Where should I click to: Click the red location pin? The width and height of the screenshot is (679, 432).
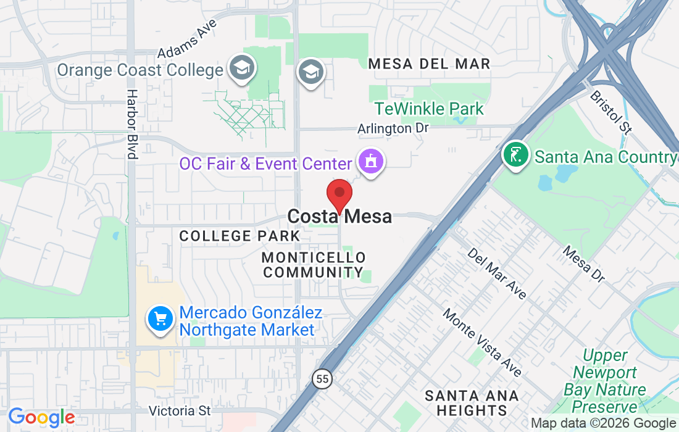[x=339, y=194]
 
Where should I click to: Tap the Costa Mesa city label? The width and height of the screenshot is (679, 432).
[x=339, y=217]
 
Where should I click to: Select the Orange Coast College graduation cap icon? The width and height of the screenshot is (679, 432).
[x=241, y=70]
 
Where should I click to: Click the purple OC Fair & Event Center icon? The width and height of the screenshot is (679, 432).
[x=370, y=163]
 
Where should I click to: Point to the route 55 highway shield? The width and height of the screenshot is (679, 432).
[x=321, y=379]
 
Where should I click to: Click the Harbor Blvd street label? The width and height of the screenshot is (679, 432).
[x=132, y=124]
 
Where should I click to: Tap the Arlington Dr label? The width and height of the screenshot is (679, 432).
[x=393, y=128]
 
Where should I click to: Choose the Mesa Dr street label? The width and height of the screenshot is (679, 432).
[x=583, y=264]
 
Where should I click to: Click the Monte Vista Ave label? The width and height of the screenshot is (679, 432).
[x=482, y=342]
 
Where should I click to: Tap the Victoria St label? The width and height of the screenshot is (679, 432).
[x=180, y=410]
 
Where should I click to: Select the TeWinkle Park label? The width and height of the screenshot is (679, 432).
[x=429, y=109]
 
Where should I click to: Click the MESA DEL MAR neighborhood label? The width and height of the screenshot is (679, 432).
[x=429, y=64]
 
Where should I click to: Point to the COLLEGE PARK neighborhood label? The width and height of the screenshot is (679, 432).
[x=240, y=236]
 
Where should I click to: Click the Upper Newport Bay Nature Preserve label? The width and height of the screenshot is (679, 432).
[x=605, y=381]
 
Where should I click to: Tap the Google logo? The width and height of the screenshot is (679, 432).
[x=41, y=417]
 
